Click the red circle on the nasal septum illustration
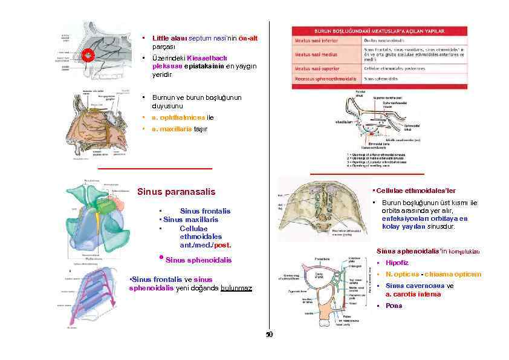tap(87, 55)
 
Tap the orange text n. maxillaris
tap(172, 129)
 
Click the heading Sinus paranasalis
tap(177, 192)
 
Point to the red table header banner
tap(379, 30)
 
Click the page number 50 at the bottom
tap(270, 335)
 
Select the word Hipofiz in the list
tap(397, 263)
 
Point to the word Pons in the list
tap(394, 306)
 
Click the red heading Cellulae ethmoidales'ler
tap(410, 190)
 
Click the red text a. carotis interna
tap(413, 294)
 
